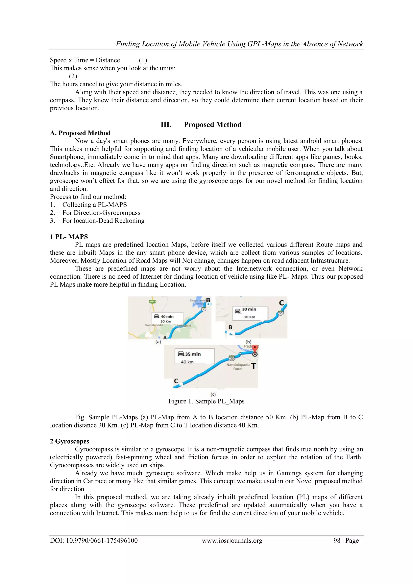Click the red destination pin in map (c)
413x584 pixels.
[255, 349]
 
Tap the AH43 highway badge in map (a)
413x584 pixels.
[152, 302]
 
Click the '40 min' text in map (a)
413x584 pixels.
[167, 317]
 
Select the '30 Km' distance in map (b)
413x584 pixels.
[249, 317]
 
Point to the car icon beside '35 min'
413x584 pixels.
[181, 354]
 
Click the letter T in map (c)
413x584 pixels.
[253, 366]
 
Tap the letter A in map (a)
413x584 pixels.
[165, 338]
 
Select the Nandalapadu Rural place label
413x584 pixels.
[238, 367]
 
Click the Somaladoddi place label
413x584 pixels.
[154, 325]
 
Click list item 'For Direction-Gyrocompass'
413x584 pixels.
[101, 213]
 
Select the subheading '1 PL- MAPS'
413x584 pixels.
[69, 237]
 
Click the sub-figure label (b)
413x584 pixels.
[248, 342]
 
